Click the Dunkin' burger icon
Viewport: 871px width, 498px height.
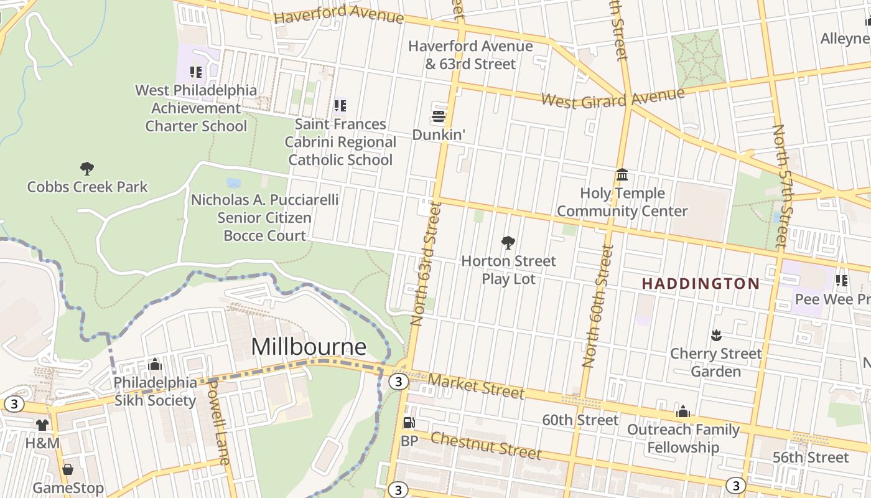[x=439, y=116]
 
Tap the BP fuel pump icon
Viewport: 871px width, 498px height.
[x=409, y=423]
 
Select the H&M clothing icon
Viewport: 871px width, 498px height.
[x=42, y=425]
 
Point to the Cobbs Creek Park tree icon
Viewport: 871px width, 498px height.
[x=87, y=168]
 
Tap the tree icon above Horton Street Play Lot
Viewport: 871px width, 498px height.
[x=508, y=242]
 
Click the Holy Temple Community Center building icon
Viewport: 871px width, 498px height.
[x=622, y=175]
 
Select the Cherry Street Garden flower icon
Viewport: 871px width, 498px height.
[x=715, y=336]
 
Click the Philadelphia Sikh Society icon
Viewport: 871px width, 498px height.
[x=155, y=364]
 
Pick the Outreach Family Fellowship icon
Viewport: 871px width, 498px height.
[x=682, y=411]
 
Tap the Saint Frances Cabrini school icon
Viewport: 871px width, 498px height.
[x=340, y=106]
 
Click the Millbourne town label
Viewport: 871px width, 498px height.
[x=309, y=347]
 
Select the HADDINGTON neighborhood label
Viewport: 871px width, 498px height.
[x=701, y=284]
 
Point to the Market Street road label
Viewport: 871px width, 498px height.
[x=476, y=385]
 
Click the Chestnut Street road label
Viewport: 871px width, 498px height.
[x=486, y=444]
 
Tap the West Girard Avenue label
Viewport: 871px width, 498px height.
[x=612, y=98]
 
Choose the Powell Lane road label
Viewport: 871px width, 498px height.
[x=218, y=422]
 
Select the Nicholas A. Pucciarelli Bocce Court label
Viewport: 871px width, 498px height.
[x=264, y=218]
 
